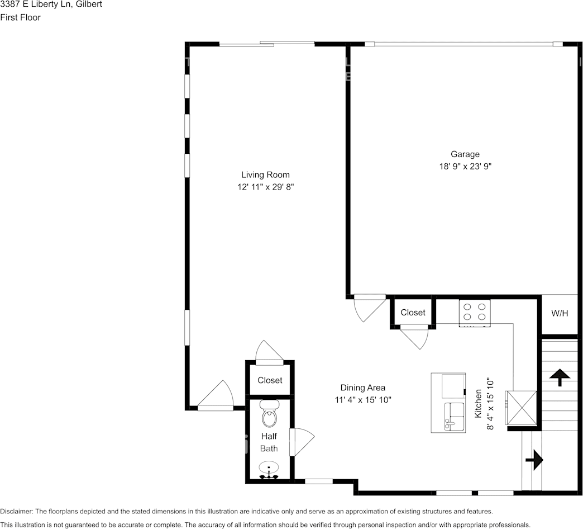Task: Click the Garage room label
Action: [x=465, y=154]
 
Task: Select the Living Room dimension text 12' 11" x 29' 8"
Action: [x=265, y=187]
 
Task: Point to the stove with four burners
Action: [x=475, y=313]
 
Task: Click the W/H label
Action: [x=560, y=313]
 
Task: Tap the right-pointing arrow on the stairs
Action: [x=534, y=460]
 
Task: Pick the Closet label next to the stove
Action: [x=413, y=313]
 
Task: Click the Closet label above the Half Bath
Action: [x=270, y=380]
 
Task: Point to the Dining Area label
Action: [x=362, y=388]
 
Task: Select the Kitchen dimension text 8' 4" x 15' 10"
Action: [x=490, y=404]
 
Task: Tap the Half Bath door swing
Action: [x=302, y=442]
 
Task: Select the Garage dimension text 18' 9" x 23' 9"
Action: [x=465, y=166]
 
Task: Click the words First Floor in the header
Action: [x=21, y=17]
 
